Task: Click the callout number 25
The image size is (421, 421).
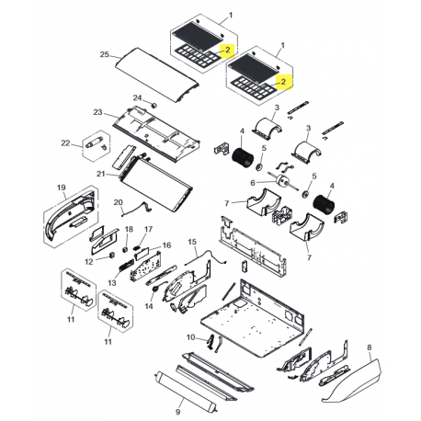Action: [103, 55]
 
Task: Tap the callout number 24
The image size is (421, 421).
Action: [137, 97]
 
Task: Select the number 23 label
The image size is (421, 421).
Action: [97, 112]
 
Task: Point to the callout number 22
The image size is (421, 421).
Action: [64, 142]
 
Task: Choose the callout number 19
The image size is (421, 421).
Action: [63, 188]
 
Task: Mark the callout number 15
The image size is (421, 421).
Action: [193, 241]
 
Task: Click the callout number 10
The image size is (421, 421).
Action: [191, 337]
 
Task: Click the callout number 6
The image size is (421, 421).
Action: [252, 183]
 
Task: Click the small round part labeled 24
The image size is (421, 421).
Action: [154, 106]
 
